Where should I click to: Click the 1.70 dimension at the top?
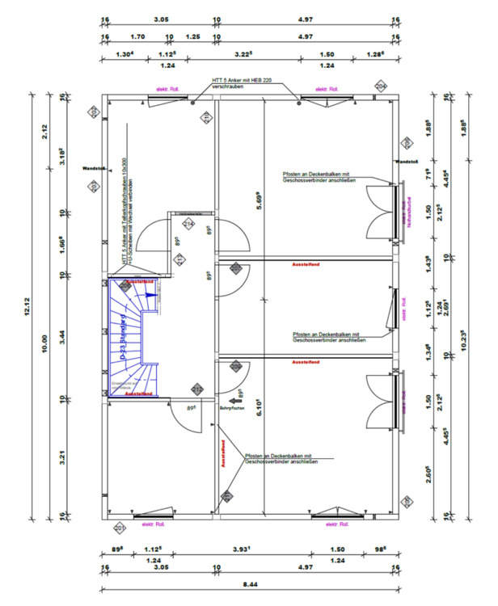point(137,36)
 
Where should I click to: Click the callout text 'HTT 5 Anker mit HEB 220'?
point(243,79)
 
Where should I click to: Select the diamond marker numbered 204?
point(381,86)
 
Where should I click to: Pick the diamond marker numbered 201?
point(120,528)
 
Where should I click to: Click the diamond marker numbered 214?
point(188,224)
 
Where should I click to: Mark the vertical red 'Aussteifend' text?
point(222,454)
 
